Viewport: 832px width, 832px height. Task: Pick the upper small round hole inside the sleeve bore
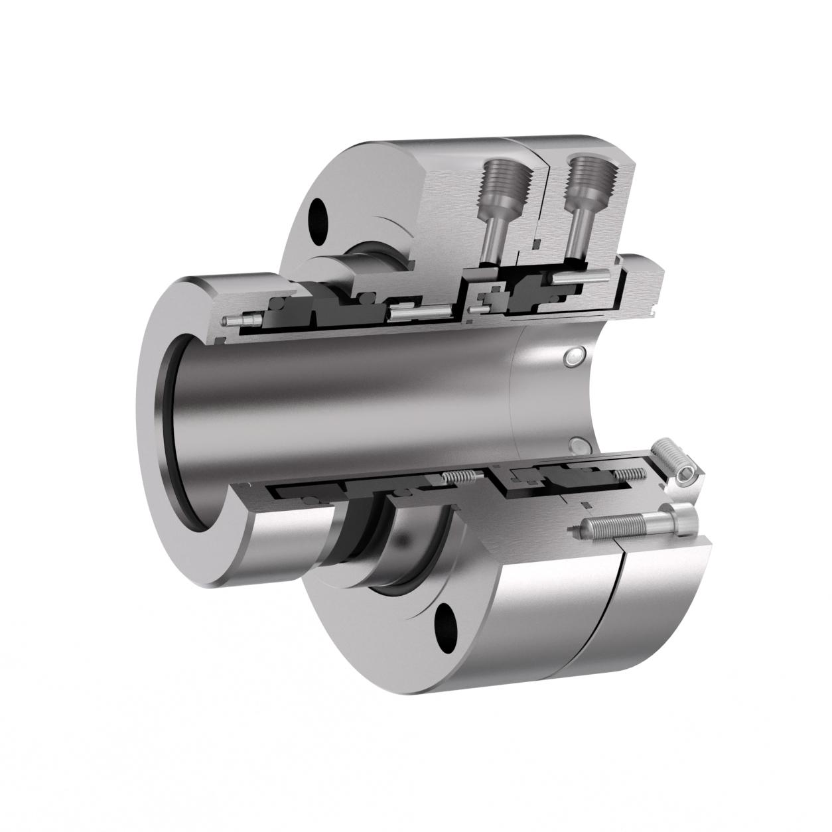[x=571, y=358]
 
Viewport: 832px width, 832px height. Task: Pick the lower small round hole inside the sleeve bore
[x=577, y=444]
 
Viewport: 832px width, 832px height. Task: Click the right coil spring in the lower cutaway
[x=630, y=474]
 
